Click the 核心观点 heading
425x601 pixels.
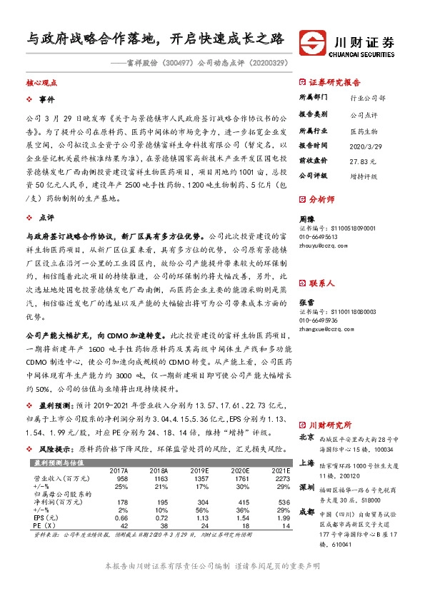click(41, 83)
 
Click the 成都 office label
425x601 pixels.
click(306, 511)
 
